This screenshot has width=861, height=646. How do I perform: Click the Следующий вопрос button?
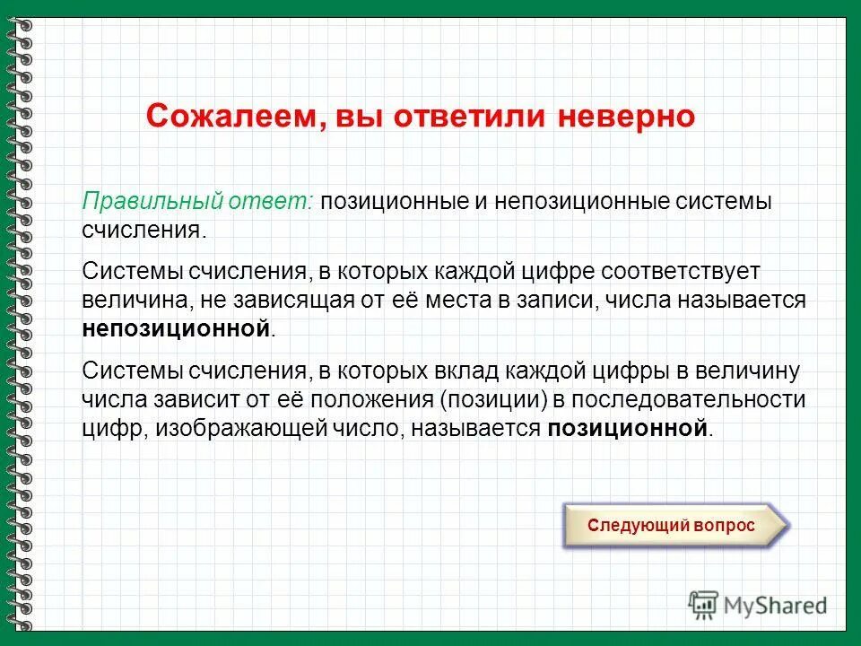point(671,526)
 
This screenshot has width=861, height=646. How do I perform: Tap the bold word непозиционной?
point(177,328)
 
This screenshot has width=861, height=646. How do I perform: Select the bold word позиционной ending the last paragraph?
point(628,428)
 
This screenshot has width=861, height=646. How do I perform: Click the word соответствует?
point(674,271)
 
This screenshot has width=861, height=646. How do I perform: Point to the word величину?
point(749,371)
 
